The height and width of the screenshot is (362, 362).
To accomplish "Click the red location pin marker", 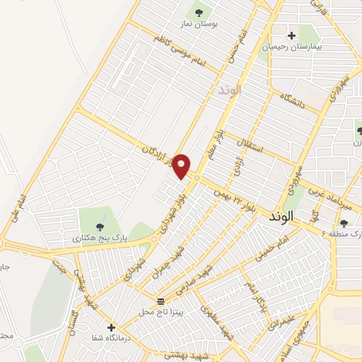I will [x=182, y=165].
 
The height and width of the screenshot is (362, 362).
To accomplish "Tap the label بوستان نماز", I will [x=216, y=24].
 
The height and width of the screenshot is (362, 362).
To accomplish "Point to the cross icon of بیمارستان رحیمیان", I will [x=291, y=35].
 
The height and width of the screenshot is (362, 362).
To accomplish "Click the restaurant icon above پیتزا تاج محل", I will [x=160, y=300].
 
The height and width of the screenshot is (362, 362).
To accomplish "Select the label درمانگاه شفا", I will [x=112, y=339].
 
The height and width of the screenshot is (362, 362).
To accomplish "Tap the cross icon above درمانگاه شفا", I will [x=111, y=327].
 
